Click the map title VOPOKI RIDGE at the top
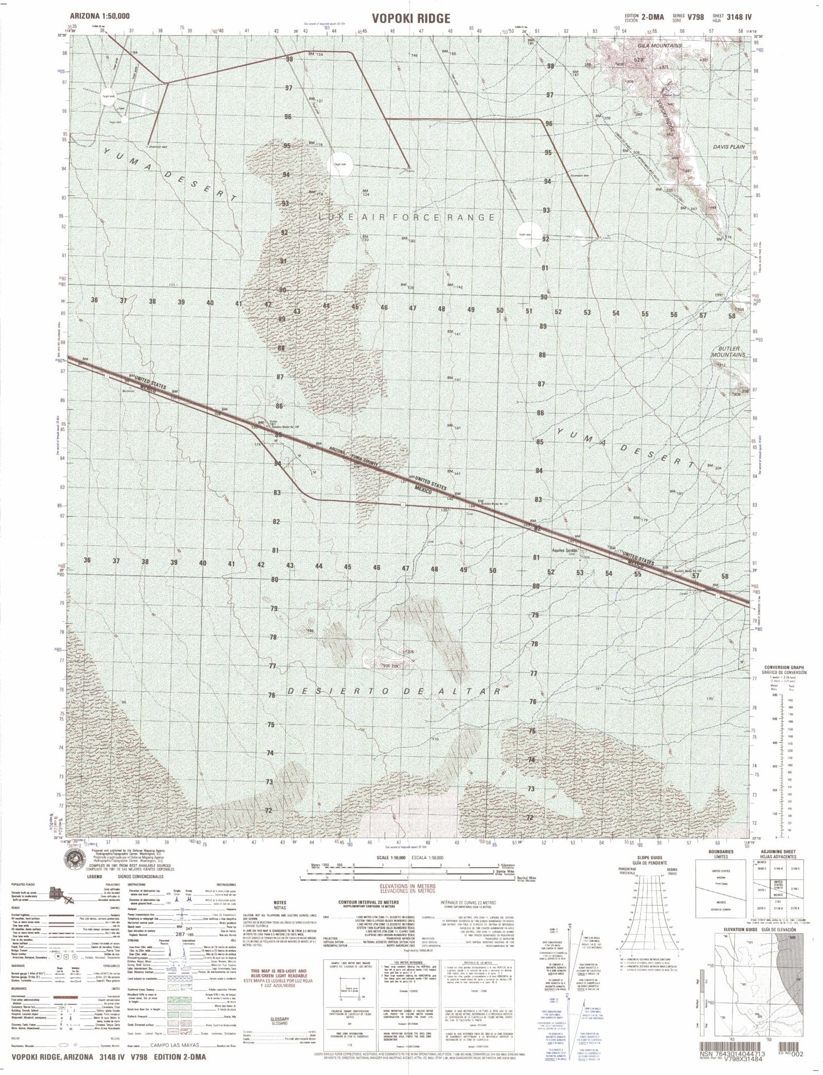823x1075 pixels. click(x=411, y=18)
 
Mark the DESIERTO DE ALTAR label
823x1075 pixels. click(x=394, y=691)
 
